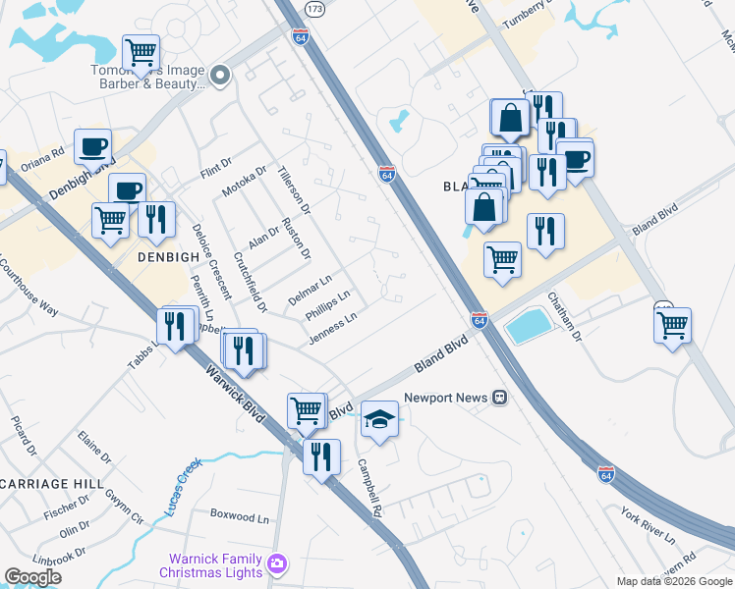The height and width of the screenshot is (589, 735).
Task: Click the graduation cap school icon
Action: [x=379, y=420]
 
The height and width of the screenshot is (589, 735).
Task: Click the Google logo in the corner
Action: [x=32, y=577]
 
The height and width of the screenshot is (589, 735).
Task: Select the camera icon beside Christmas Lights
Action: [x=278, y=563]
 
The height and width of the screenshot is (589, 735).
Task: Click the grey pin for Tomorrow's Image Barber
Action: [x=220, y=75]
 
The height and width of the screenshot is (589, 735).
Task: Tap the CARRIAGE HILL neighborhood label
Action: [x=51, y=484]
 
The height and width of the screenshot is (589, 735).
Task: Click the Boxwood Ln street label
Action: [x=240, y=515]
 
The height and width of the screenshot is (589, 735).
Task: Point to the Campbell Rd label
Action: [x=368, y=488]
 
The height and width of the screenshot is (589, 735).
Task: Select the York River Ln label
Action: [x=648, y=526]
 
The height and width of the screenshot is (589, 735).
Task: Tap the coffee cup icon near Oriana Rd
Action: [x=92, y=147]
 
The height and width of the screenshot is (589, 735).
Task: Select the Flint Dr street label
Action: [x=214, y=168]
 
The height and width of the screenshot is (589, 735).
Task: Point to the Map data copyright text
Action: [x=674, y=581]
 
